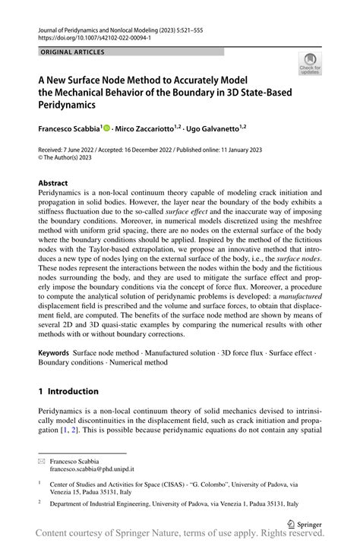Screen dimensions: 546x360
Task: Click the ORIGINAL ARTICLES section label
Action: tap(71, 52)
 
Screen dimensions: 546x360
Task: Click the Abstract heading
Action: tap(53, 183)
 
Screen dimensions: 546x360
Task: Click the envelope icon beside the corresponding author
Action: tap(43, 461)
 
